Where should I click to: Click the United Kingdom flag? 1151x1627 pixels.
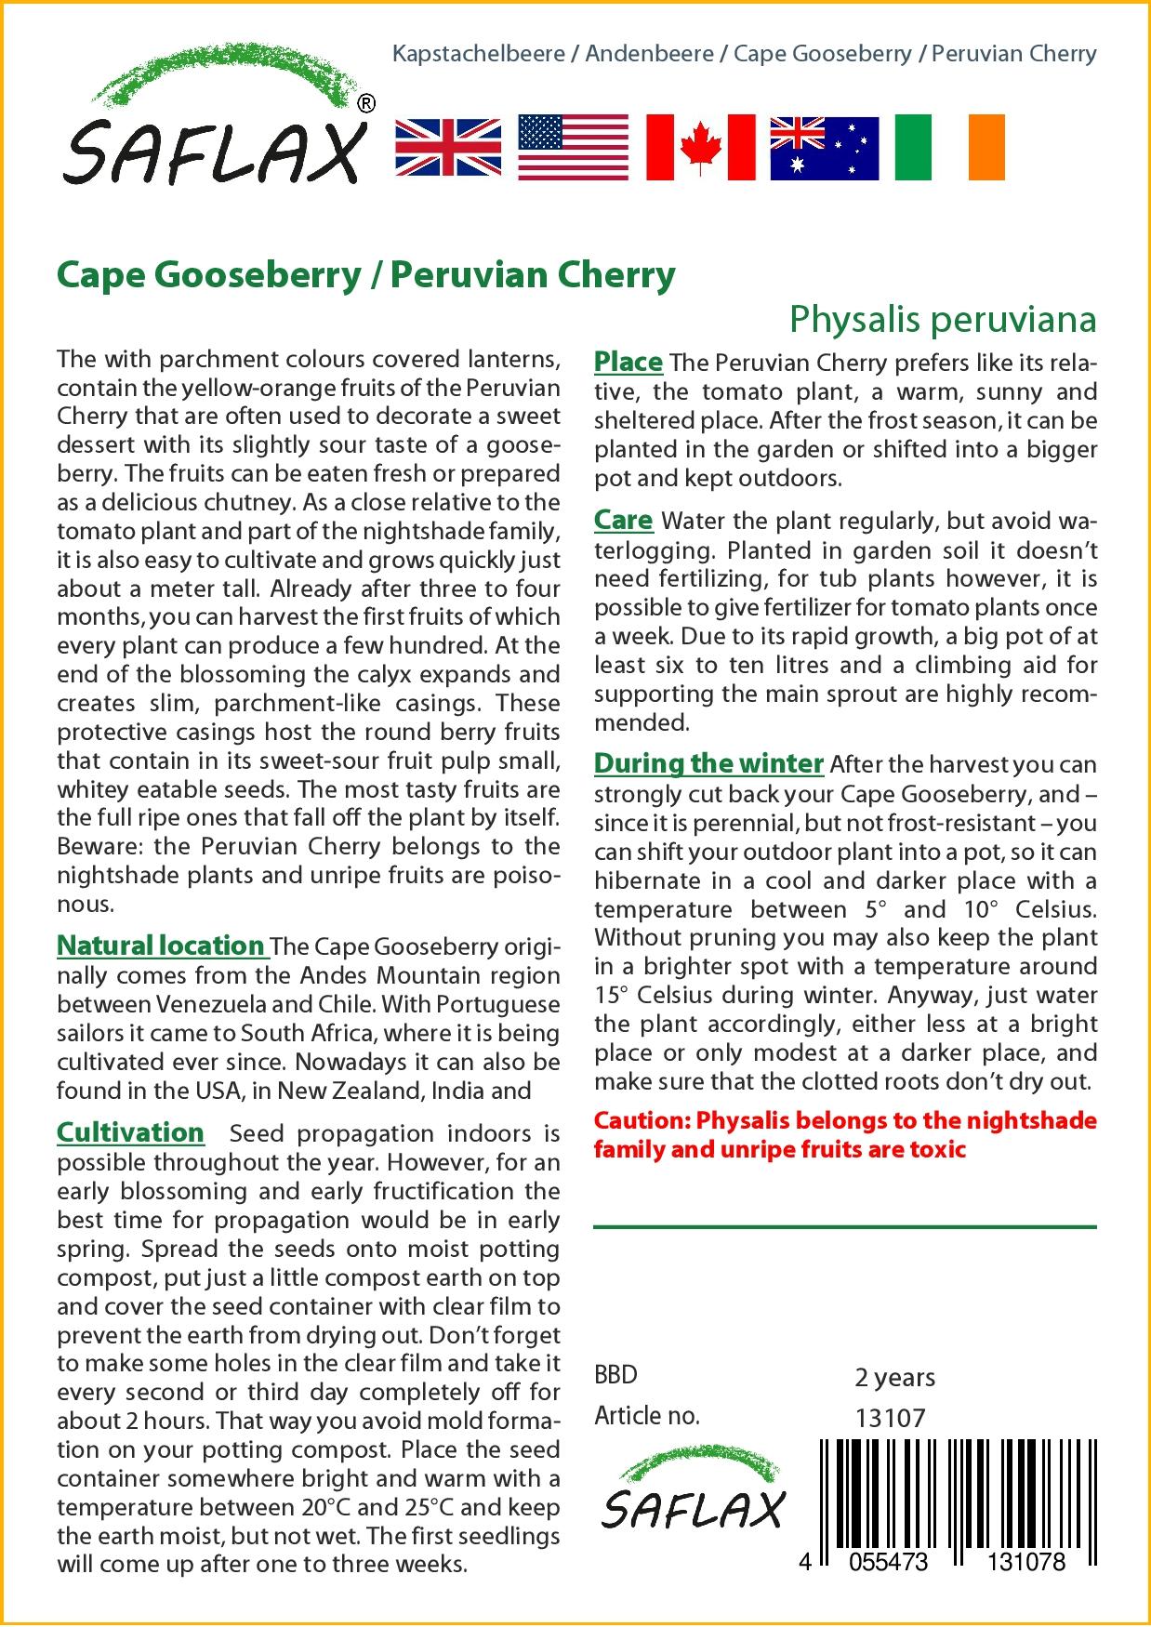click(x=448, y=148)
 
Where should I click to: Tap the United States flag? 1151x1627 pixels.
click(x=574, y=148)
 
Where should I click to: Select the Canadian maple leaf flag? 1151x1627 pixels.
click(x=700, y=148)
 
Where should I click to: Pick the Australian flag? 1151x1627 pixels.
click(x=824, y=148)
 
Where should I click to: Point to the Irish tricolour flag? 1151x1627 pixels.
click(x=949, y=148)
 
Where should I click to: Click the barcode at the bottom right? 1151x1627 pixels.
click(x=958, y=1497)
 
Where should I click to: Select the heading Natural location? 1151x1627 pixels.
click(x=161, y=946)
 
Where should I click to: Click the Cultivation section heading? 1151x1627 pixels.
click(x=130, y=1132)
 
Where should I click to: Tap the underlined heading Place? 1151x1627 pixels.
click(x=628, y=362)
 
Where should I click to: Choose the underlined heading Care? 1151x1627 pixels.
click(x=623, y=520)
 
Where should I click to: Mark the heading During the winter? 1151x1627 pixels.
click(x=708, y=763)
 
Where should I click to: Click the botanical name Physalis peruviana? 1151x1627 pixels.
click(x=943, y=319)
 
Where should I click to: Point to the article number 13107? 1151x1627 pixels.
click(x=890, y=1418)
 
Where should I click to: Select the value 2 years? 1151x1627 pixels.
click(x=894, y=1377)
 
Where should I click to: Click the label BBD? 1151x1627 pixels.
click(x=615, y=1375)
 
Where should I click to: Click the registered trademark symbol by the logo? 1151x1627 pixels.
click(x=366, y=104)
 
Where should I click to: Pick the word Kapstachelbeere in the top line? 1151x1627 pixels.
click(x=479, y=54)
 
